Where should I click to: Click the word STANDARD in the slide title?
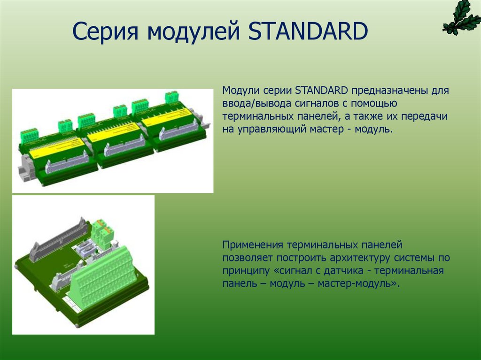tap(307, 32)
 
